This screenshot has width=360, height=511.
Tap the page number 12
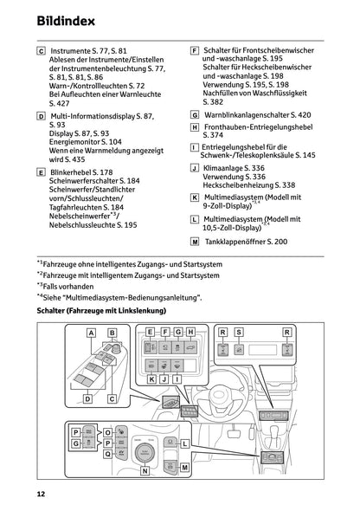pyautogui.click(x=41, y=494)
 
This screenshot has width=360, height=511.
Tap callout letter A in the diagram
pyautogui.click(x=91, y=333)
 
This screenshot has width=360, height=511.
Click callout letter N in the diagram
pyautogui.click(x=144, y=470)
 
